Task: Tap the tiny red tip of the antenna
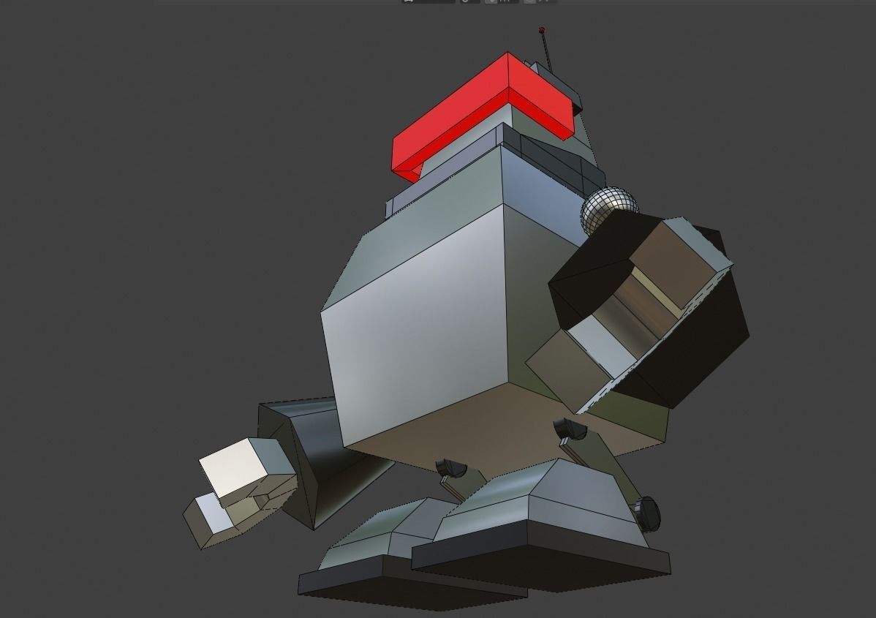542,30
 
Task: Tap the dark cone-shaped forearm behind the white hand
314,461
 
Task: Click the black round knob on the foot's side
646,511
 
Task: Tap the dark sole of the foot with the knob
541,559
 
